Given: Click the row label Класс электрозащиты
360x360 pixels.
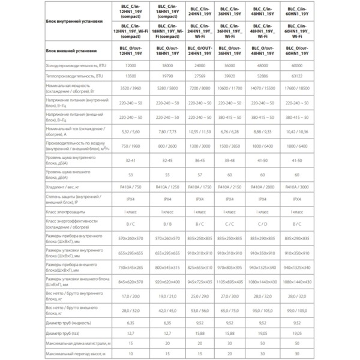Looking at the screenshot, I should point(67,212).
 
